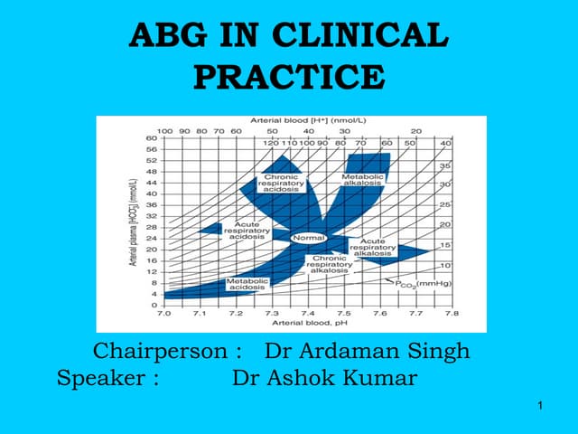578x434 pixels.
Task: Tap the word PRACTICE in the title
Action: [289, 76]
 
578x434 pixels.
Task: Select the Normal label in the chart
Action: [307, 237]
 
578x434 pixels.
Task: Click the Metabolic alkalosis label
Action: [362, 179]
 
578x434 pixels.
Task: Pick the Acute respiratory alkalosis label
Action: [373, 248]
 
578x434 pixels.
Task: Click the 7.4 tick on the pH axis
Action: [307, 313]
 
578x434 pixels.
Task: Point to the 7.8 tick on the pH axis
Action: [451, 313]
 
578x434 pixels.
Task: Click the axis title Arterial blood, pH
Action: [307, 323]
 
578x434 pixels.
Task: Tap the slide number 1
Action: [538, 414]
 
